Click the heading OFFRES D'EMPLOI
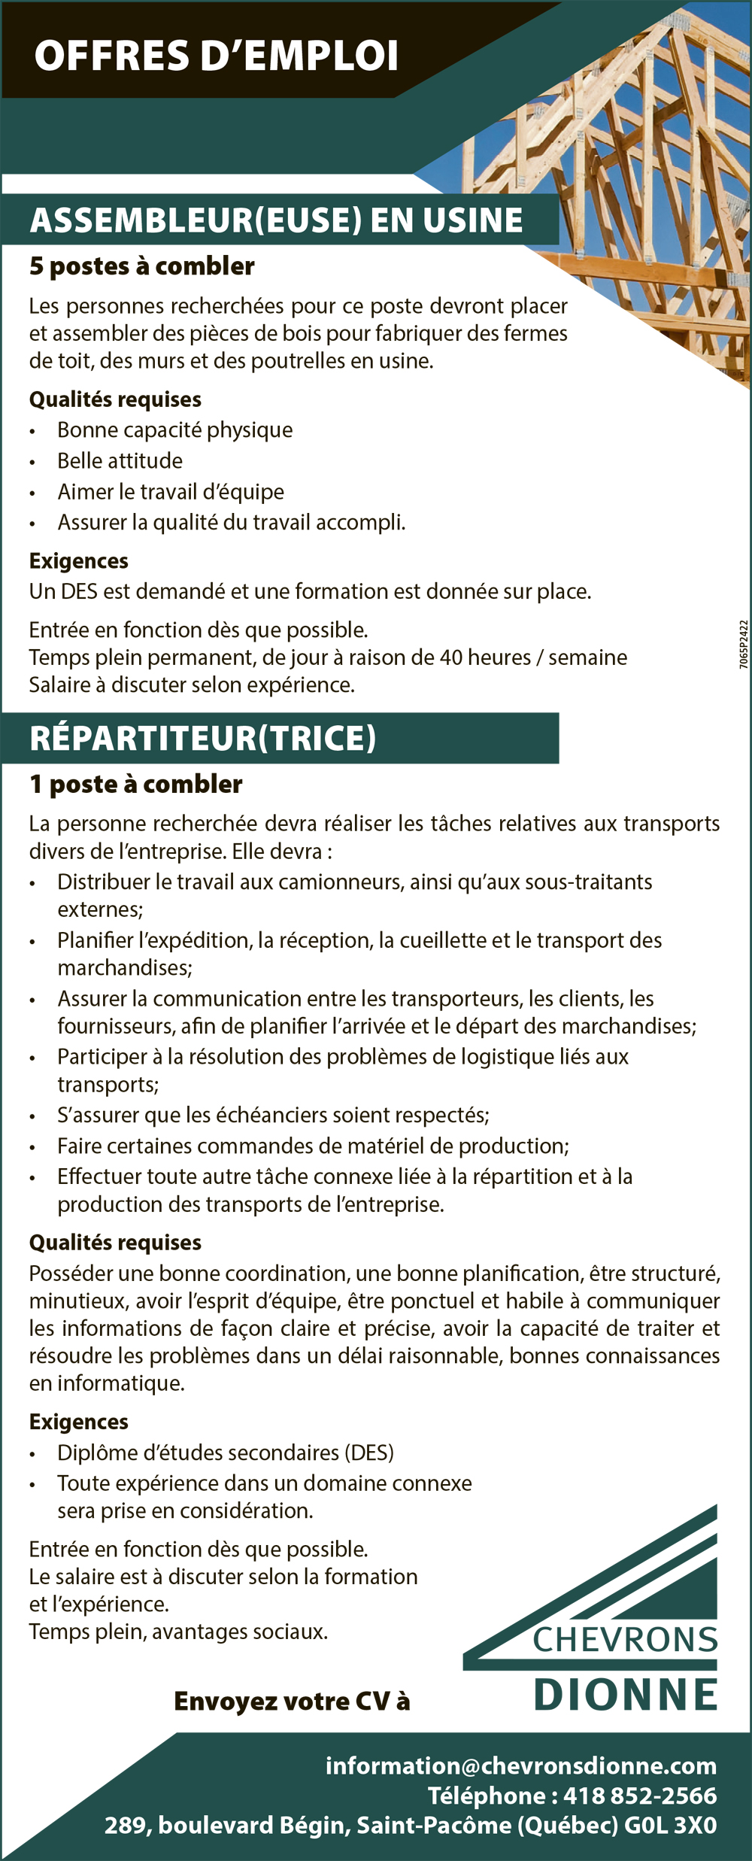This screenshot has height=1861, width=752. point(216,56)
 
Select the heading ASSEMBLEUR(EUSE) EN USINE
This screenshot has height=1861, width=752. point(276,220)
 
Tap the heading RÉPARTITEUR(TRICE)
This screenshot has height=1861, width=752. point(202,738)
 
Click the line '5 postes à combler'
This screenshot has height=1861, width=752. point(141,266)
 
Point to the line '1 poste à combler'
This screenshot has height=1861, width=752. point(135,785)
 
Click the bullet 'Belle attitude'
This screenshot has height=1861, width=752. point(120,460)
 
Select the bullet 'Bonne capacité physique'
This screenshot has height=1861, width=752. point(174,430)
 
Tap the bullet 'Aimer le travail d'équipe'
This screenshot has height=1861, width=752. point(171,492)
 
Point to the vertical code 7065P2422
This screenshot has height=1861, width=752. point(743,645)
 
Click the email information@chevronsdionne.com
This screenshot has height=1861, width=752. point(520,1765)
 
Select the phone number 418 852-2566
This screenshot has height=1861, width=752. point(639,1796)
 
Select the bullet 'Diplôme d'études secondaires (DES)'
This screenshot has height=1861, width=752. point(226,1453)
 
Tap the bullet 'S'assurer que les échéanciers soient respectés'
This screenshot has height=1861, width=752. point(273,1115)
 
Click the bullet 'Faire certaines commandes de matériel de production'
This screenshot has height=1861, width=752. point(313,1146)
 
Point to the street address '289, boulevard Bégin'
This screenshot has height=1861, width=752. point(225,1826)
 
